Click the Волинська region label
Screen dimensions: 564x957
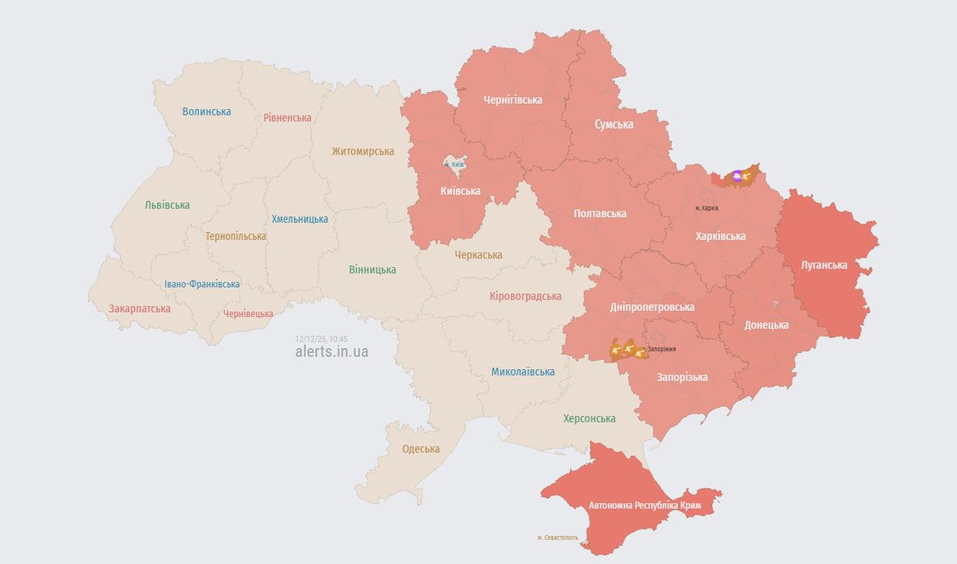[207, 111]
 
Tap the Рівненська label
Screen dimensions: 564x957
[287, 118]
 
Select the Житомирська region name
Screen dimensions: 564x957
[362, 151]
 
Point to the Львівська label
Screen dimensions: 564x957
[167, 205]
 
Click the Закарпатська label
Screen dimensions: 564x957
[139, 308]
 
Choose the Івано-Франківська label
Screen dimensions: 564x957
[202, 284]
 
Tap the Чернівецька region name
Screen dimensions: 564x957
[248, 314]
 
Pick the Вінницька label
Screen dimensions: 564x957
[373, 270]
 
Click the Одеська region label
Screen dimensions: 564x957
[421, 449]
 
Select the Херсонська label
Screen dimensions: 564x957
[589, 418]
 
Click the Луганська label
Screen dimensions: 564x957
[824, 265]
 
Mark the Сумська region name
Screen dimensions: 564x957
[614, 125]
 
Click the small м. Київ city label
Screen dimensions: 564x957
[454, 165]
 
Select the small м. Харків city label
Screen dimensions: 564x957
[707, 209]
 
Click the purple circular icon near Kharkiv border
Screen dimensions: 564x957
[738, 176]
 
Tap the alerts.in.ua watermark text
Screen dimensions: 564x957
[332, 351]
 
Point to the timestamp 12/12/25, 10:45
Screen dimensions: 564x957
[321, 339]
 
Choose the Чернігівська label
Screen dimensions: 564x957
[513, 100]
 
